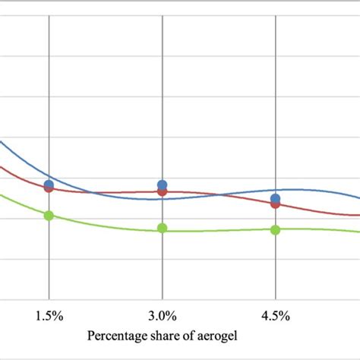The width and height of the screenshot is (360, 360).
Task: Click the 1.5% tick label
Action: point(49,315)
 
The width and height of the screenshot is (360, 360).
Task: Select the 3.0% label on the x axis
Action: point(163,315)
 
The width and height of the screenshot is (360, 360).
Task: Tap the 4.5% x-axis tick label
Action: point(276,315)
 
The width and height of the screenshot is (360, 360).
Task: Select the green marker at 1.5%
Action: point(49,216)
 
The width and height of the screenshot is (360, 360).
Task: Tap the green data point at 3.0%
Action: point(163,228)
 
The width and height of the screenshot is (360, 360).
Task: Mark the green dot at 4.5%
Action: point(276,229)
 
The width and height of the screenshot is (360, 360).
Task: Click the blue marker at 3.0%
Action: point(163,185)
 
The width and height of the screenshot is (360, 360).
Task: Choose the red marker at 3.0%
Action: point(163,191)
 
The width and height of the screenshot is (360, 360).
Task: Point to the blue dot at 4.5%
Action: point(276,198)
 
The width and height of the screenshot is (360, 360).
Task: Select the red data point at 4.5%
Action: point(276,204)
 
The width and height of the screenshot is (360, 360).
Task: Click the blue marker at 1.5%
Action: point(49,185)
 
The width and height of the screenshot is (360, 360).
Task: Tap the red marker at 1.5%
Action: point(49,188)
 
